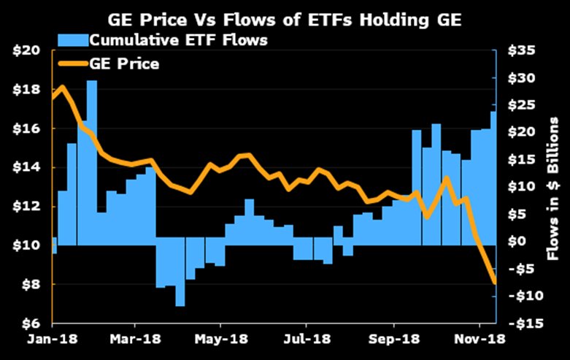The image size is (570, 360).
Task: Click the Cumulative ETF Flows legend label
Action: (x=177, y=40)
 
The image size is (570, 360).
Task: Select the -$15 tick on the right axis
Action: (x=523, y=323)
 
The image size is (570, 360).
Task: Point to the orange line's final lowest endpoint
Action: (x=495, y=281)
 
